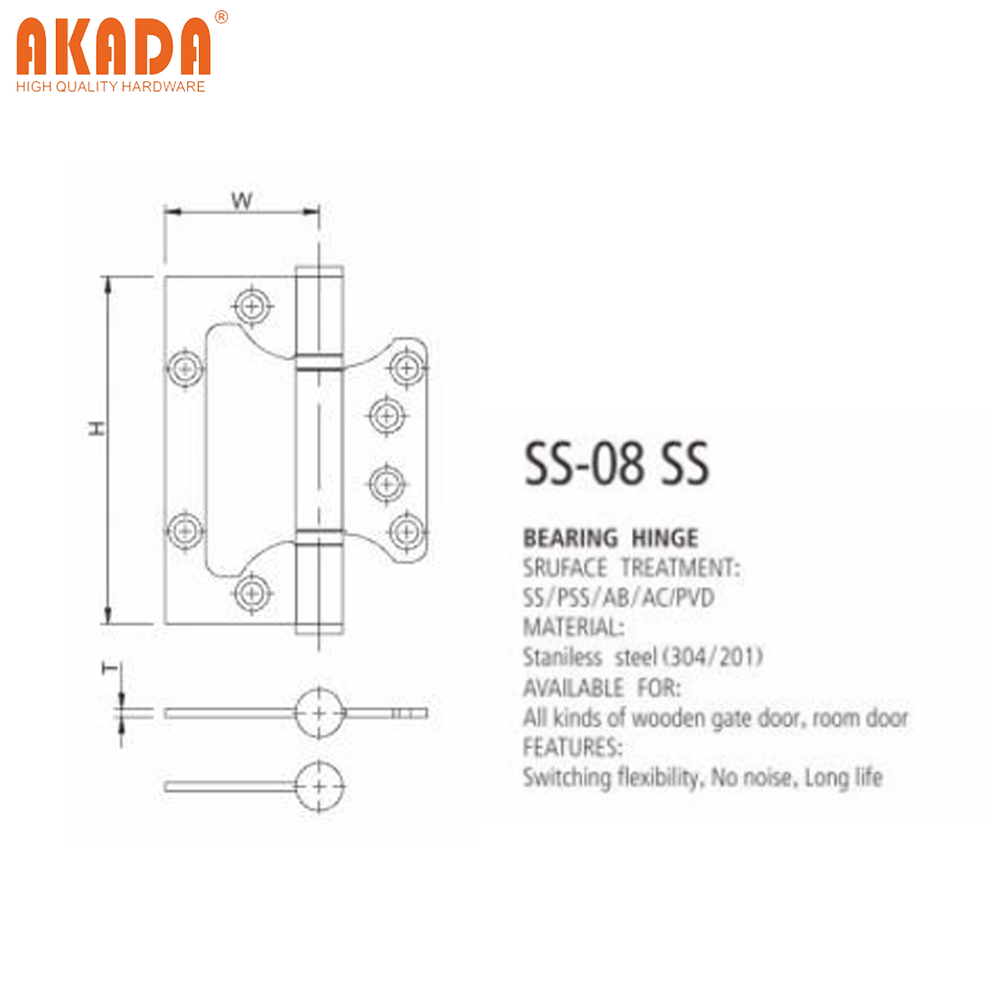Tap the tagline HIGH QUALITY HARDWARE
[110, 87]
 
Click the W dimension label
[242, 201]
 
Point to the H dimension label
[98, 429]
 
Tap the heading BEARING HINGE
[610, 538]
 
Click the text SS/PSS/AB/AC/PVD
[619, 598]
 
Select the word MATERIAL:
[573, 628]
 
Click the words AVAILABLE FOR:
[602, 688]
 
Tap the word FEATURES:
[573, 746]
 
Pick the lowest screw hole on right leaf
[406, 530]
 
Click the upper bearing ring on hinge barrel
[318, 362]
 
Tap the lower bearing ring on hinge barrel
[318, 537]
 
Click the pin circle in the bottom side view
[319, 787]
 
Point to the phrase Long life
[843, 778]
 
